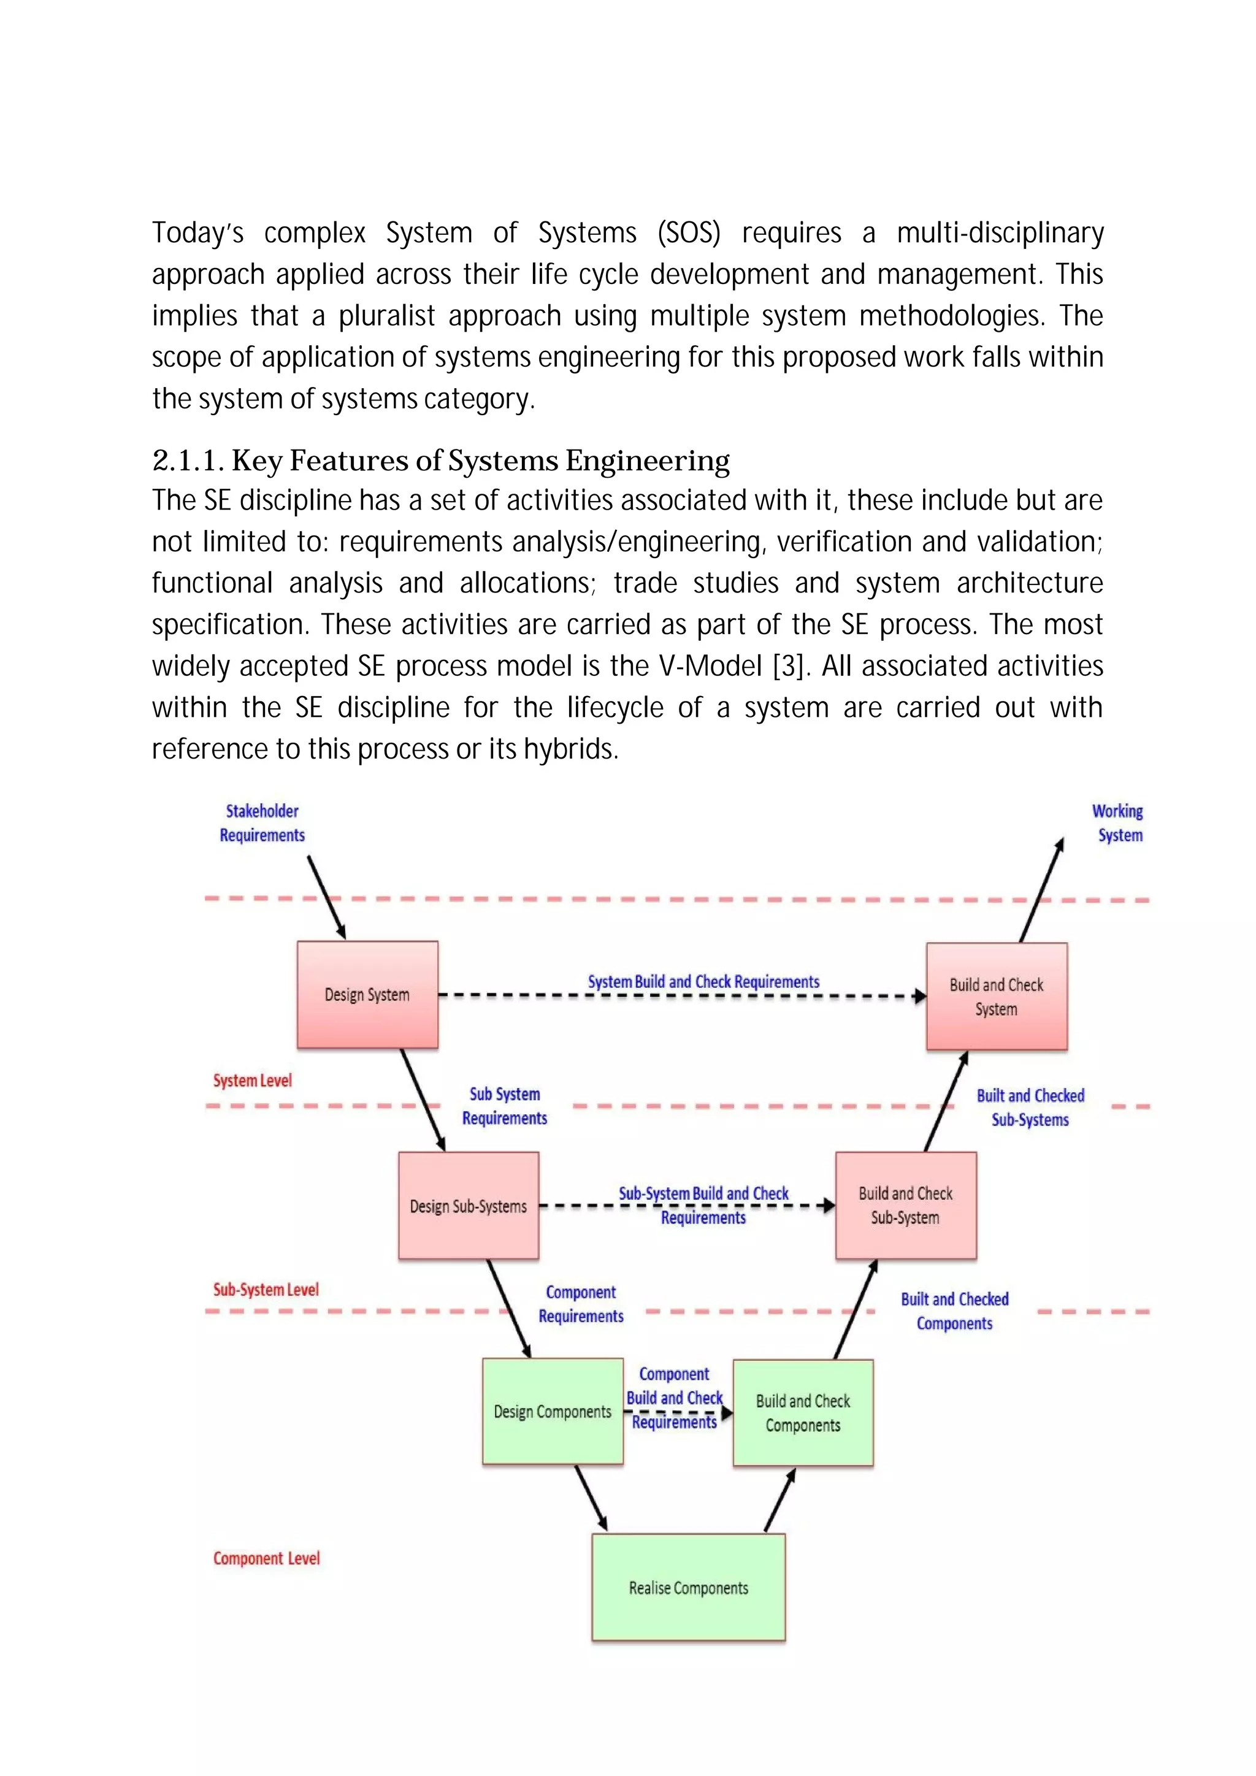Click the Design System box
tap(367, 995)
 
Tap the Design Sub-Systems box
tap(468, 1206)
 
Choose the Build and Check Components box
tap(803, 1412)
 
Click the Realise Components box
tap(688, 1587)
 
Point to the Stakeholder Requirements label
tap(262, 823)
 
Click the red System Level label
tap(252, 1081)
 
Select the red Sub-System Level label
tap(266, 1290)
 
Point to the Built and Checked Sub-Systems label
tap(1030, 1108)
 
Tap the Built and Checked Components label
tap(954, 1311)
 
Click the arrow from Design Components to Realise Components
tap(591, 1498)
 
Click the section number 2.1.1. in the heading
tap(188, 461)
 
